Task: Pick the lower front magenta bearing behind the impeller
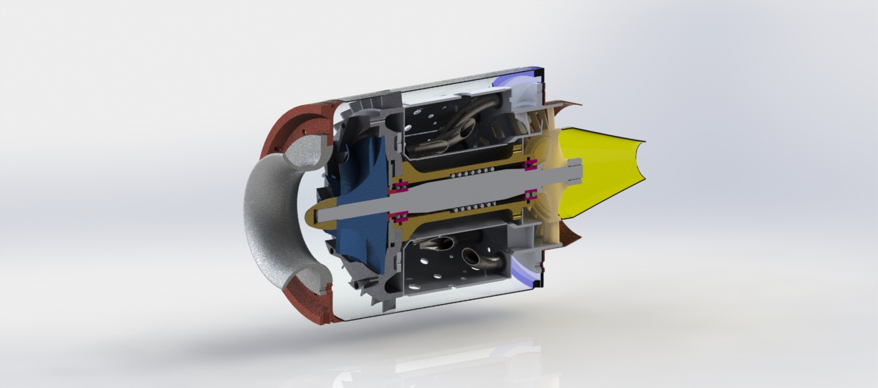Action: coord(398,216)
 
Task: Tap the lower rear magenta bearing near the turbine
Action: coord(531,194)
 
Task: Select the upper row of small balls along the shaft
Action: coord(472,172)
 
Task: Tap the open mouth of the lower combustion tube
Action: coord(471,256)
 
